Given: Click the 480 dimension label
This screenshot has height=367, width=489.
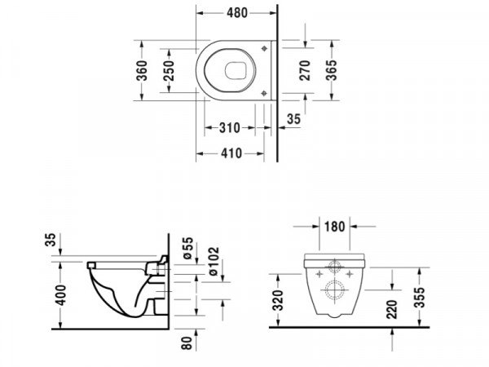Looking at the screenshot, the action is click(236, 13).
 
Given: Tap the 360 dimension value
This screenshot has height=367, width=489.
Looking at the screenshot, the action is click(142, 70).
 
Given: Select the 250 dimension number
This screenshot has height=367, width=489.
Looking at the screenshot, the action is click(169, 70).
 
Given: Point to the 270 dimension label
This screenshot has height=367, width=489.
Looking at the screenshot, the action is click(305, 70).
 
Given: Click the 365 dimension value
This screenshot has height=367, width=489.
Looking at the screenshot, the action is click(332, 70).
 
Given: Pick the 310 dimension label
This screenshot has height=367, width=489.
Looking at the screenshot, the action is click(230, 128).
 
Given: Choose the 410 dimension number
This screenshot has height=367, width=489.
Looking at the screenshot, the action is click(231, 153).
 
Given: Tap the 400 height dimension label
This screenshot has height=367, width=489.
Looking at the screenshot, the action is click(60, 295).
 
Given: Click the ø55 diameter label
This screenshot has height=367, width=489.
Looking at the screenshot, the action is click(188, 249).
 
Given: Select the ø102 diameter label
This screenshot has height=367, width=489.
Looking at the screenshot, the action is click(214, 262).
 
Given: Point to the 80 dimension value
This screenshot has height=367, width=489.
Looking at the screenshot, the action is click(187, 343).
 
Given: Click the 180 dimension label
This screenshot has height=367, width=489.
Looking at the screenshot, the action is click(335, 227).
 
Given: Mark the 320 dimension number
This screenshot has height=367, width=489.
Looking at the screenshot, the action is click(278, 300).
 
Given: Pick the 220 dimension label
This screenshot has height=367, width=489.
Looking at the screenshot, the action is click(392, 309).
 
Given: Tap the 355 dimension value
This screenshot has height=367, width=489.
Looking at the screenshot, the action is click(420, 298).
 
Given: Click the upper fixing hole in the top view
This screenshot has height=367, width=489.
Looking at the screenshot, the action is click(264, 48).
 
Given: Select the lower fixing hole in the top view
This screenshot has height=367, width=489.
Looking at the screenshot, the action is click(264, 93).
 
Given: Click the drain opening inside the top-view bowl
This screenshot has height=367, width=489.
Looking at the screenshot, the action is click(236, 70).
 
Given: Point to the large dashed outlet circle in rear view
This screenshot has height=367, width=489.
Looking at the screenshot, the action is click(334, 290).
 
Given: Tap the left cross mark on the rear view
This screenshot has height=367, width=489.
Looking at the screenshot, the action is click(319, 274).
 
